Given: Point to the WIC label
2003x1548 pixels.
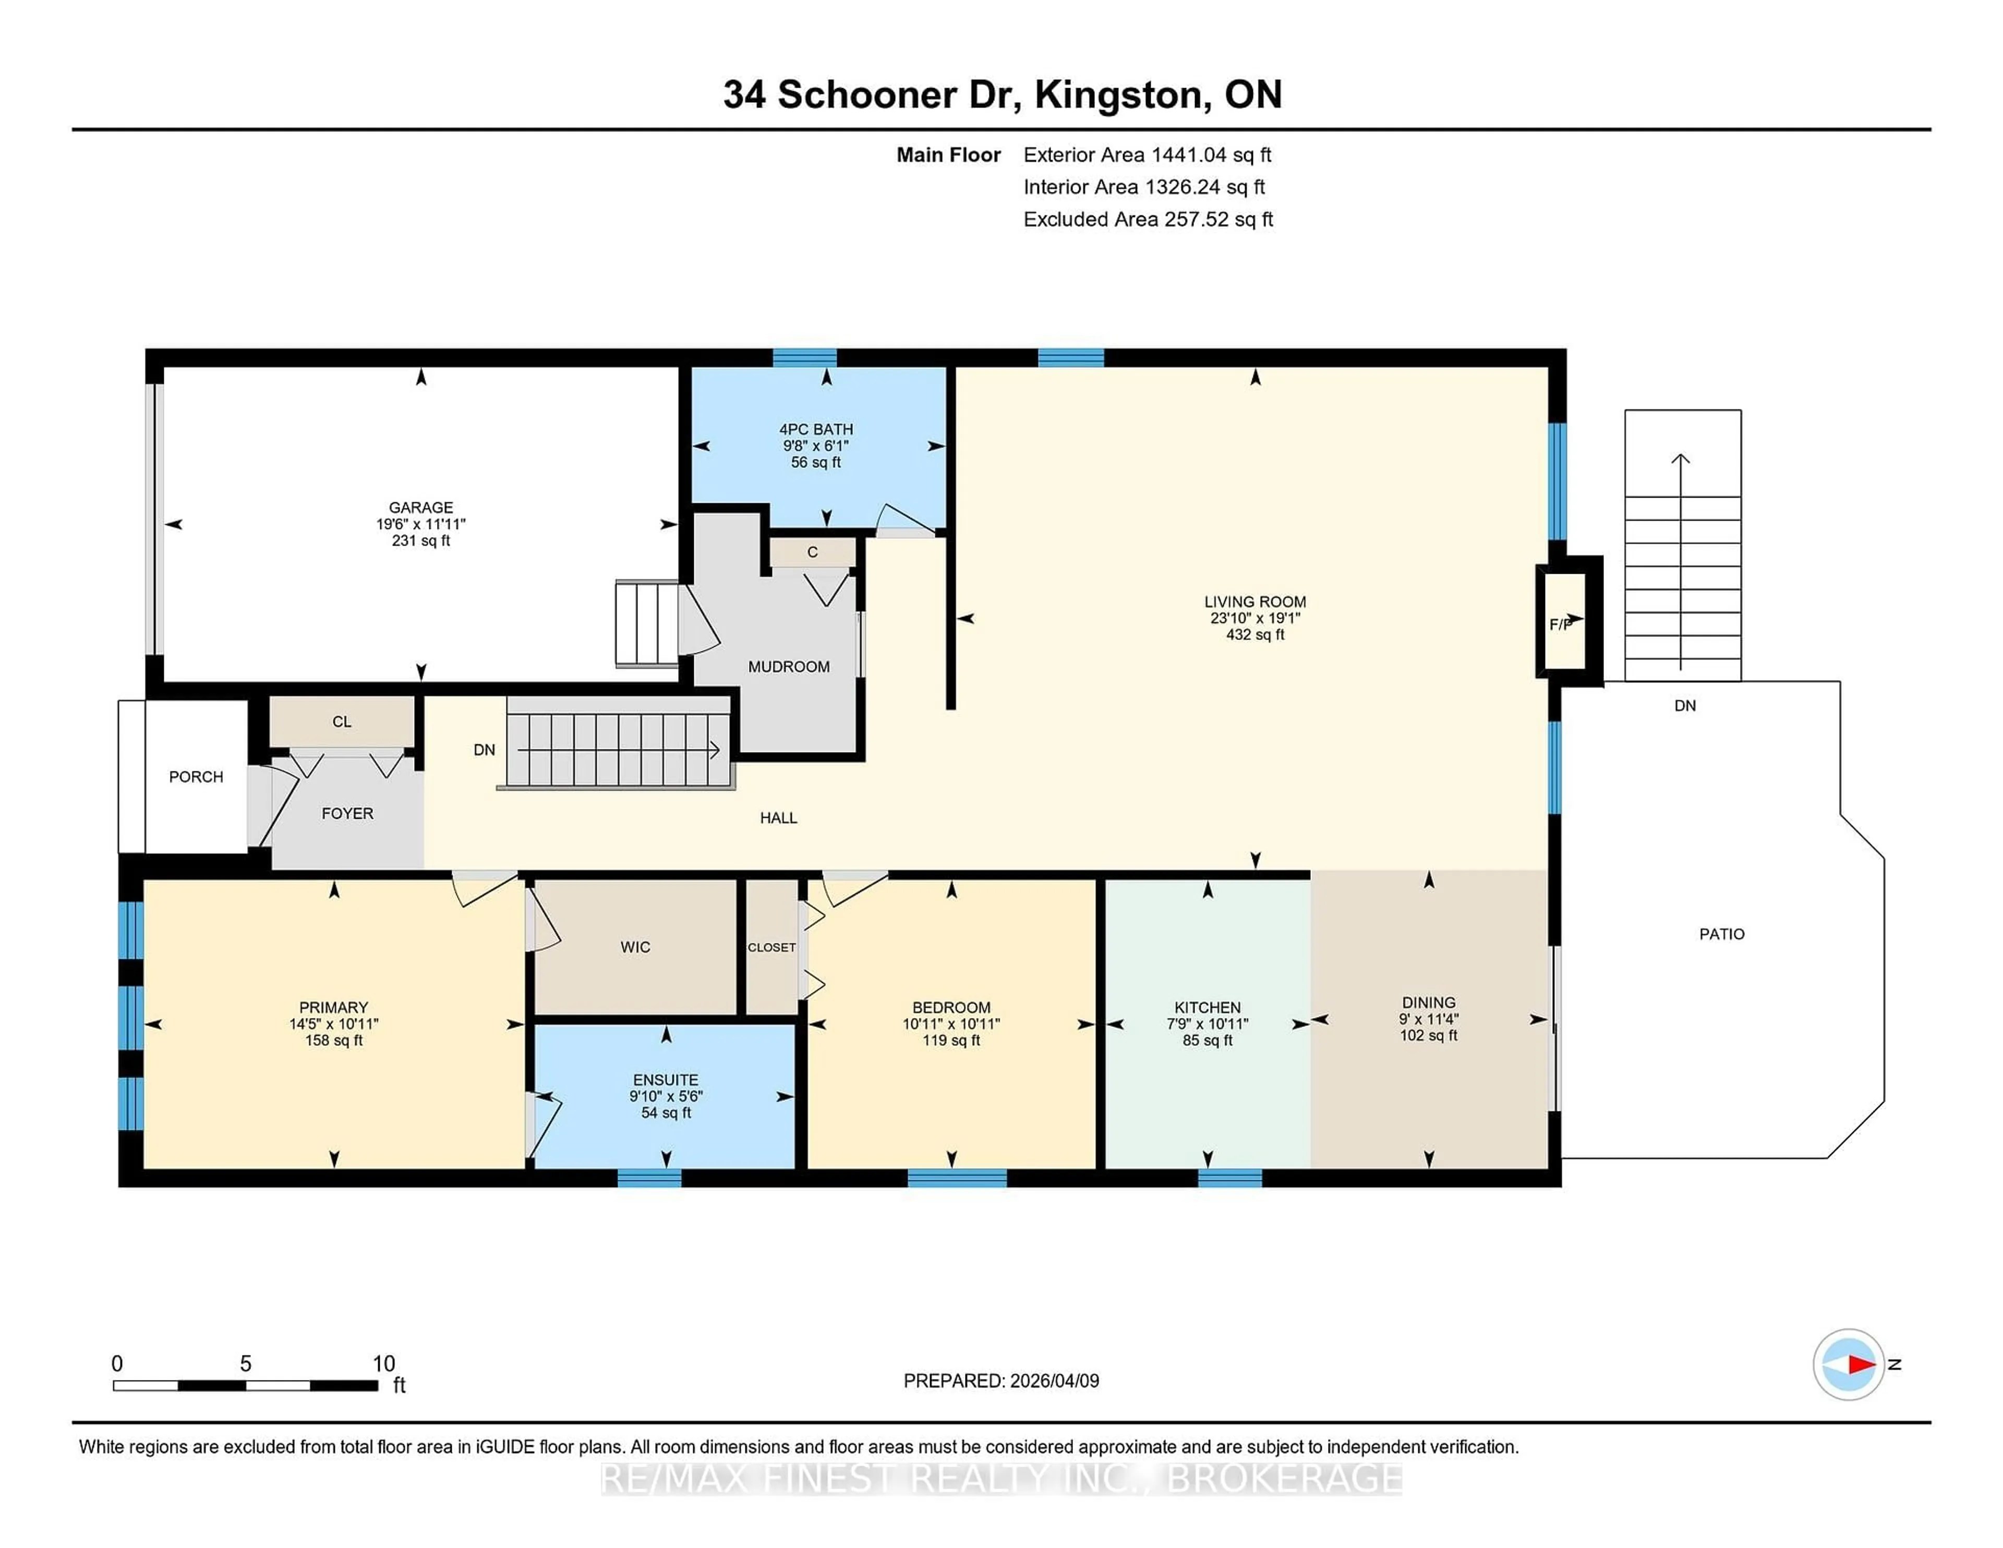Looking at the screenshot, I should click(635, 947).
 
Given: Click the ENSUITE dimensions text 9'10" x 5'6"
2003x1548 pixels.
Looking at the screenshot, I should click(666, 1096).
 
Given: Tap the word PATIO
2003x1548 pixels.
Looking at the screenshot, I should click(1721, 934).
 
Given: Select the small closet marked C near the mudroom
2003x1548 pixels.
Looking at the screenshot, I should click(812, 552).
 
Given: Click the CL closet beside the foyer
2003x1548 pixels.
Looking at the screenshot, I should click(341, 722).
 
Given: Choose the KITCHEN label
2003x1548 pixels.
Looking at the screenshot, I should click(1207, 1007).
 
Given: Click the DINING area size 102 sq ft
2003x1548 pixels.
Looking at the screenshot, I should click(1428, 1035).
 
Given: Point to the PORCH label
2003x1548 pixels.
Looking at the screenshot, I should click(196, 777).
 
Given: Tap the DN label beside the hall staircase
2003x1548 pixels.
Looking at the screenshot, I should click(484, 749).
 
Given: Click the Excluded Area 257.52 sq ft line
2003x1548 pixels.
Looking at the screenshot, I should click(1148, 219).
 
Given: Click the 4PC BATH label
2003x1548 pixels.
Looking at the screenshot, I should click(815, 429).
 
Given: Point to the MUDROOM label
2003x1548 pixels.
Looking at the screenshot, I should click(789, 667).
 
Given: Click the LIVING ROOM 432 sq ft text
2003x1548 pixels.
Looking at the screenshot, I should click(1254, 635).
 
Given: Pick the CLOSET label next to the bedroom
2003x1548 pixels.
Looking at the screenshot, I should click(771, 947).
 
